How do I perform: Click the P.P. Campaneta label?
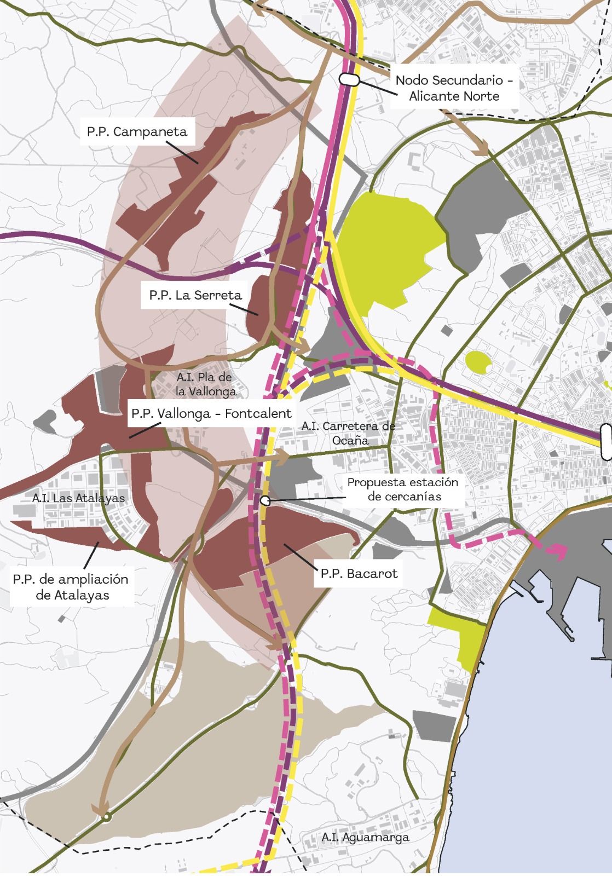(x=137, y=132)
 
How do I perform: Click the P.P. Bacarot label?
(x=359, y=574)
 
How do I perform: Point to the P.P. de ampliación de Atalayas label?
(x=71, y=587)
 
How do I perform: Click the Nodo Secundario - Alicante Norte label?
(x=454, y=88)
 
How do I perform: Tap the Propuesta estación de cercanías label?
(x=402, y=489)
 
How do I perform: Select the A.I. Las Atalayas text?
(x=78, y=498)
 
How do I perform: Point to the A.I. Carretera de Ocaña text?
(x=348, y=433)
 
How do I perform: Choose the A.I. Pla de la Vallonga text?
(x=205, y=384)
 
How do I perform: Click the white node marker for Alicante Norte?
(x=349, y=79)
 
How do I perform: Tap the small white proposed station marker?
(x=265, y=500)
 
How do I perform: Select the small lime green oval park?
(x=478, y=361)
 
